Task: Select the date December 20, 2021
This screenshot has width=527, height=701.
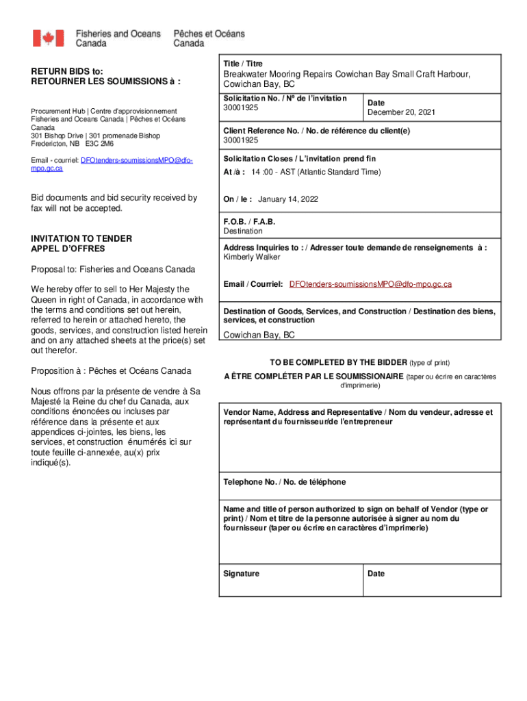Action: coord(401,112)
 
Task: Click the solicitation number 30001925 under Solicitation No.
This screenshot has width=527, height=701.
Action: coord(240,108)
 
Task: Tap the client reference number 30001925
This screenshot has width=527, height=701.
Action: coord(240,140)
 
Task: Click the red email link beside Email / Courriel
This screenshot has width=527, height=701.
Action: coord(370,283)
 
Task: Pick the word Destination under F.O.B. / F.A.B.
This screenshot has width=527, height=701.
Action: coord(244,231)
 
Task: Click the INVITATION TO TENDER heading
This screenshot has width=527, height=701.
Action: coord(81,238)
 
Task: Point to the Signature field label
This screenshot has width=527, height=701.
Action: coord(241,574)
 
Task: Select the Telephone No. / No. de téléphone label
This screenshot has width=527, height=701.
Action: coord(285,482)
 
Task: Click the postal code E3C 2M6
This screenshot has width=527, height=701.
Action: coord(100,144)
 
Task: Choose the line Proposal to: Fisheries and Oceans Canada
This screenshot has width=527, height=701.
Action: coord(113,269)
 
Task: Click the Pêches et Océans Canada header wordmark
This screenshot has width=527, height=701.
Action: coord(209,38)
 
